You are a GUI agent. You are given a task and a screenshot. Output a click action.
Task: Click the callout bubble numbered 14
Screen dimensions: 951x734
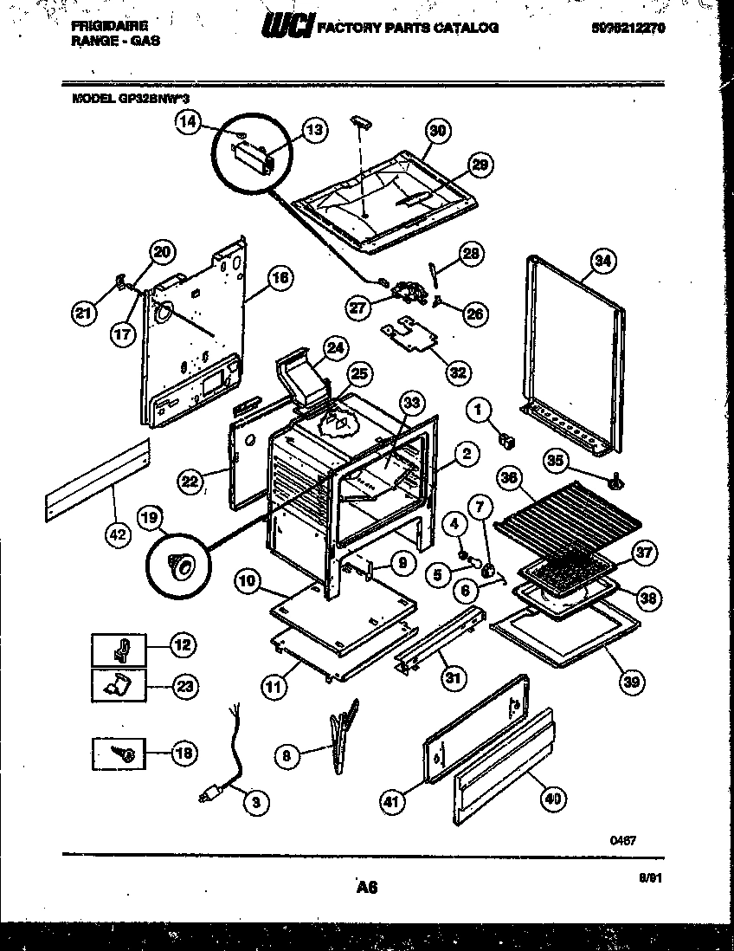point(188,121)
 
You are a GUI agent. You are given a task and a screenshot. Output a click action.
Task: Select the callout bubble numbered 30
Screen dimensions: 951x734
point(437,131)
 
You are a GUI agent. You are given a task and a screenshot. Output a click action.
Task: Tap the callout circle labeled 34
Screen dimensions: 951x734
point(602,259)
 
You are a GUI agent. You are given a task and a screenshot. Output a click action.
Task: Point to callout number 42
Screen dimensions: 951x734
point(115,535)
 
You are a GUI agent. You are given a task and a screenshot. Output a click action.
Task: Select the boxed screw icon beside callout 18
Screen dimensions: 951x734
point(117,753)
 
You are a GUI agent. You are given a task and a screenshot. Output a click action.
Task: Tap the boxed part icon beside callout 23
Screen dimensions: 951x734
point(117,686)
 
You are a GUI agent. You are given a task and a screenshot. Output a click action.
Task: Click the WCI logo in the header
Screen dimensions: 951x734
point(287,28)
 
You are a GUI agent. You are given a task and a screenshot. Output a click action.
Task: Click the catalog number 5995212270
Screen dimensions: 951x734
point(628,28)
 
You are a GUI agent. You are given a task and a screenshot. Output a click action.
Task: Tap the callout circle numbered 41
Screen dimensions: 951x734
point(391,803)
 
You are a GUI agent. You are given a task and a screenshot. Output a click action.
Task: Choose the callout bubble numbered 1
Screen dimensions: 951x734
point(480,409)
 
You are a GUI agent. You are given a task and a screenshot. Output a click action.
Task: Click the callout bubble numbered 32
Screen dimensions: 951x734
point(458,372)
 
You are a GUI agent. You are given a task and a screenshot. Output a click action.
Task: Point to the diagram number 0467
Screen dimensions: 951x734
point(623,838)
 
